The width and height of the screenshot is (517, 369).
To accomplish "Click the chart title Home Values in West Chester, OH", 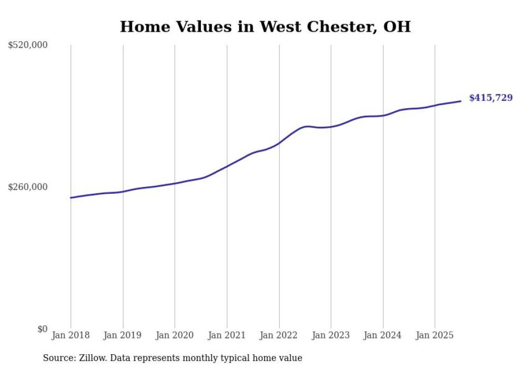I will [x=265, y=26].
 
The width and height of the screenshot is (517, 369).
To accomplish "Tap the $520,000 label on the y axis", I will [x=28, y=45].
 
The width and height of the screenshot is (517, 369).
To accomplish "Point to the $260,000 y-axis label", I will [x=28, y=187].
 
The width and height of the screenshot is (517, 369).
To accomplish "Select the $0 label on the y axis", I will [x=42, y=329].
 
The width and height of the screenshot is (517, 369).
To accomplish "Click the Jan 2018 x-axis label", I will [x=71, y=335].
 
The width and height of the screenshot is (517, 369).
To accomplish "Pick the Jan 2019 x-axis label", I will [x=123, y=335].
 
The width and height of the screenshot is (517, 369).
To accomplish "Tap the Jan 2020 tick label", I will [x=175, y=335].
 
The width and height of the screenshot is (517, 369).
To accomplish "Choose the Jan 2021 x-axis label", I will [x=227, y=335].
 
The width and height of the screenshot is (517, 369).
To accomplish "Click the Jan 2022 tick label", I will [x=279, y=335].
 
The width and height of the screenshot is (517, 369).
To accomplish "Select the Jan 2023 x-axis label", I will [x=331, y=335].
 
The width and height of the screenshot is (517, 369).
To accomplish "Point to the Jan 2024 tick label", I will [x=383, y=335].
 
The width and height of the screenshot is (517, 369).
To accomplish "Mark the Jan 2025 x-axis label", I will [x=435, y=335].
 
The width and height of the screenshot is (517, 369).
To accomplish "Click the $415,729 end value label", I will [x=491, y=98].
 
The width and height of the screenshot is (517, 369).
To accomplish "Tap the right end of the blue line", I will [x=461, y=101].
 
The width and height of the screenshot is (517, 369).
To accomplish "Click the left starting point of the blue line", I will [x=71, y=197].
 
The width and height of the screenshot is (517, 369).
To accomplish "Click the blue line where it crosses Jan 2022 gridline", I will [x=279, y=143].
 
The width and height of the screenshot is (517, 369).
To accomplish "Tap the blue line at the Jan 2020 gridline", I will [x=175, y=183].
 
